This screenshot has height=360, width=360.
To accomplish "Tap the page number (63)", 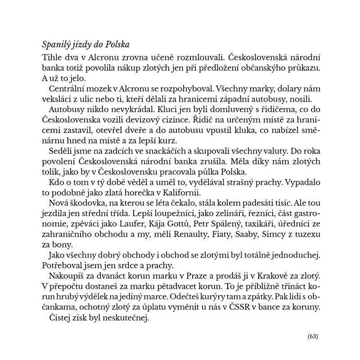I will tap(313, 337).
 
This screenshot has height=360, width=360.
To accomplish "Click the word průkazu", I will tap(303, 67).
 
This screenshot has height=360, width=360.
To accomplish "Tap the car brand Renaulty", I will tap(189, 234).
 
